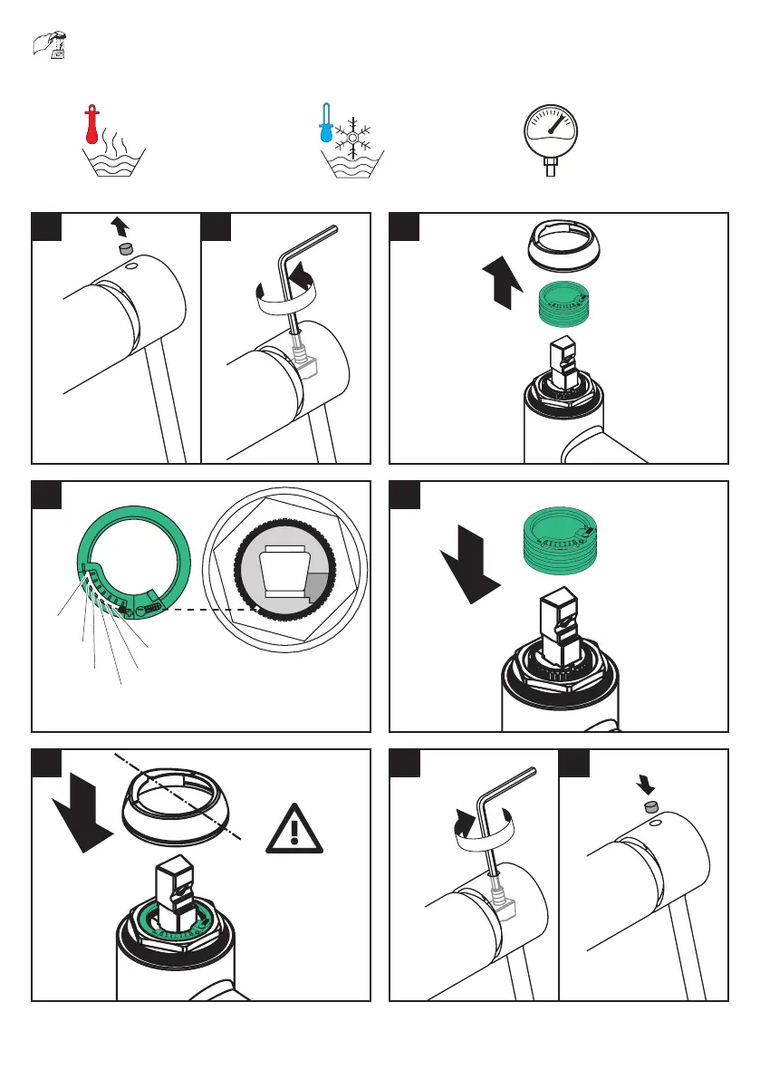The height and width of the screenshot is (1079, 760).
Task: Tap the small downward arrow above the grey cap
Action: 648,780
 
